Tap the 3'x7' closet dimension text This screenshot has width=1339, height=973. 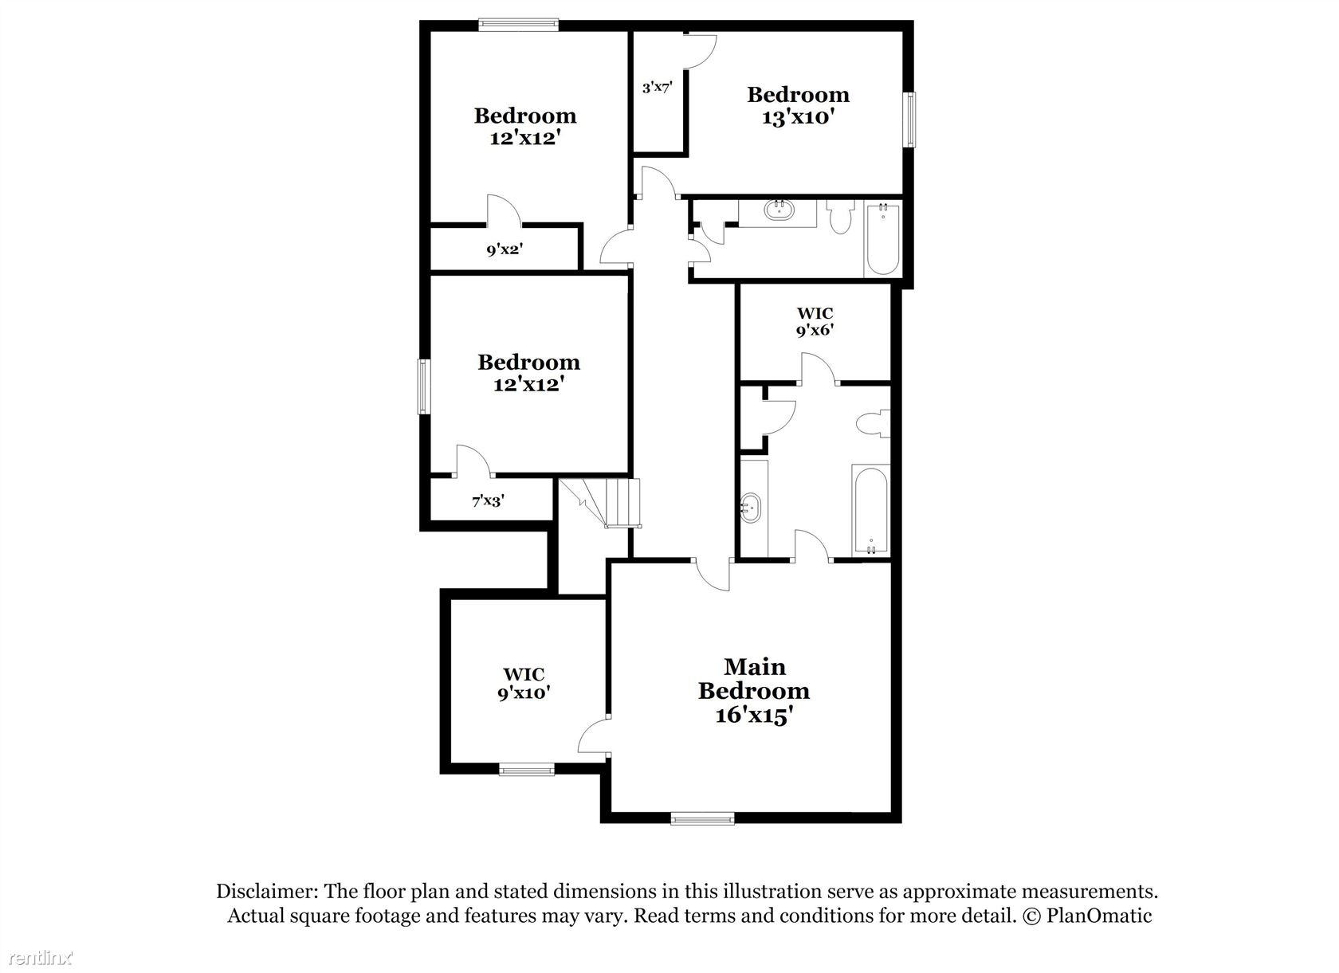657,88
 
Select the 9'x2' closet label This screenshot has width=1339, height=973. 505,249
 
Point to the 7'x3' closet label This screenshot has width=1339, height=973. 488,500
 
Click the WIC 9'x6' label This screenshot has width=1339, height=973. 815,322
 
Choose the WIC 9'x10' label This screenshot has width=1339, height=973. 524,683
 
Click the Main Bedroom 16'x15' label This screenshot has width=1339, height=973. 754,691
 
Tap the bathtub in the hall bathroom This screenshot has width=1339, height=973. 882,239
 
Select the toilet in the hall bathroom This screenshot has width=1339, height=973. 840,217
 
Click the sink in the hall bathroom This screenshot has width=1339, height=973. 778,210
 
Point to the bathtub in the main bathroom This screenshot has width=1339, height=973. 870,510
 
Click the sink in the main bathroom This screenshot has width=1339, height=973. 750,508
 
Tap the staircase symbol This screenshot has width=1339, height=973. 599,503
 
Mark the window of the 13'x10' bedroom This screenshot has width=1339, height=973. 909,120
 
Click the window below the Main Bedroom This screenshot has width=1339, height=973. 702,818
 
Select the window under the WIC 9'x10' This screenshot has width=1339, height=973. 527,768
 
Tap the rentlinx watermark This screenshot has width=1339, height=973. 41,958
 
